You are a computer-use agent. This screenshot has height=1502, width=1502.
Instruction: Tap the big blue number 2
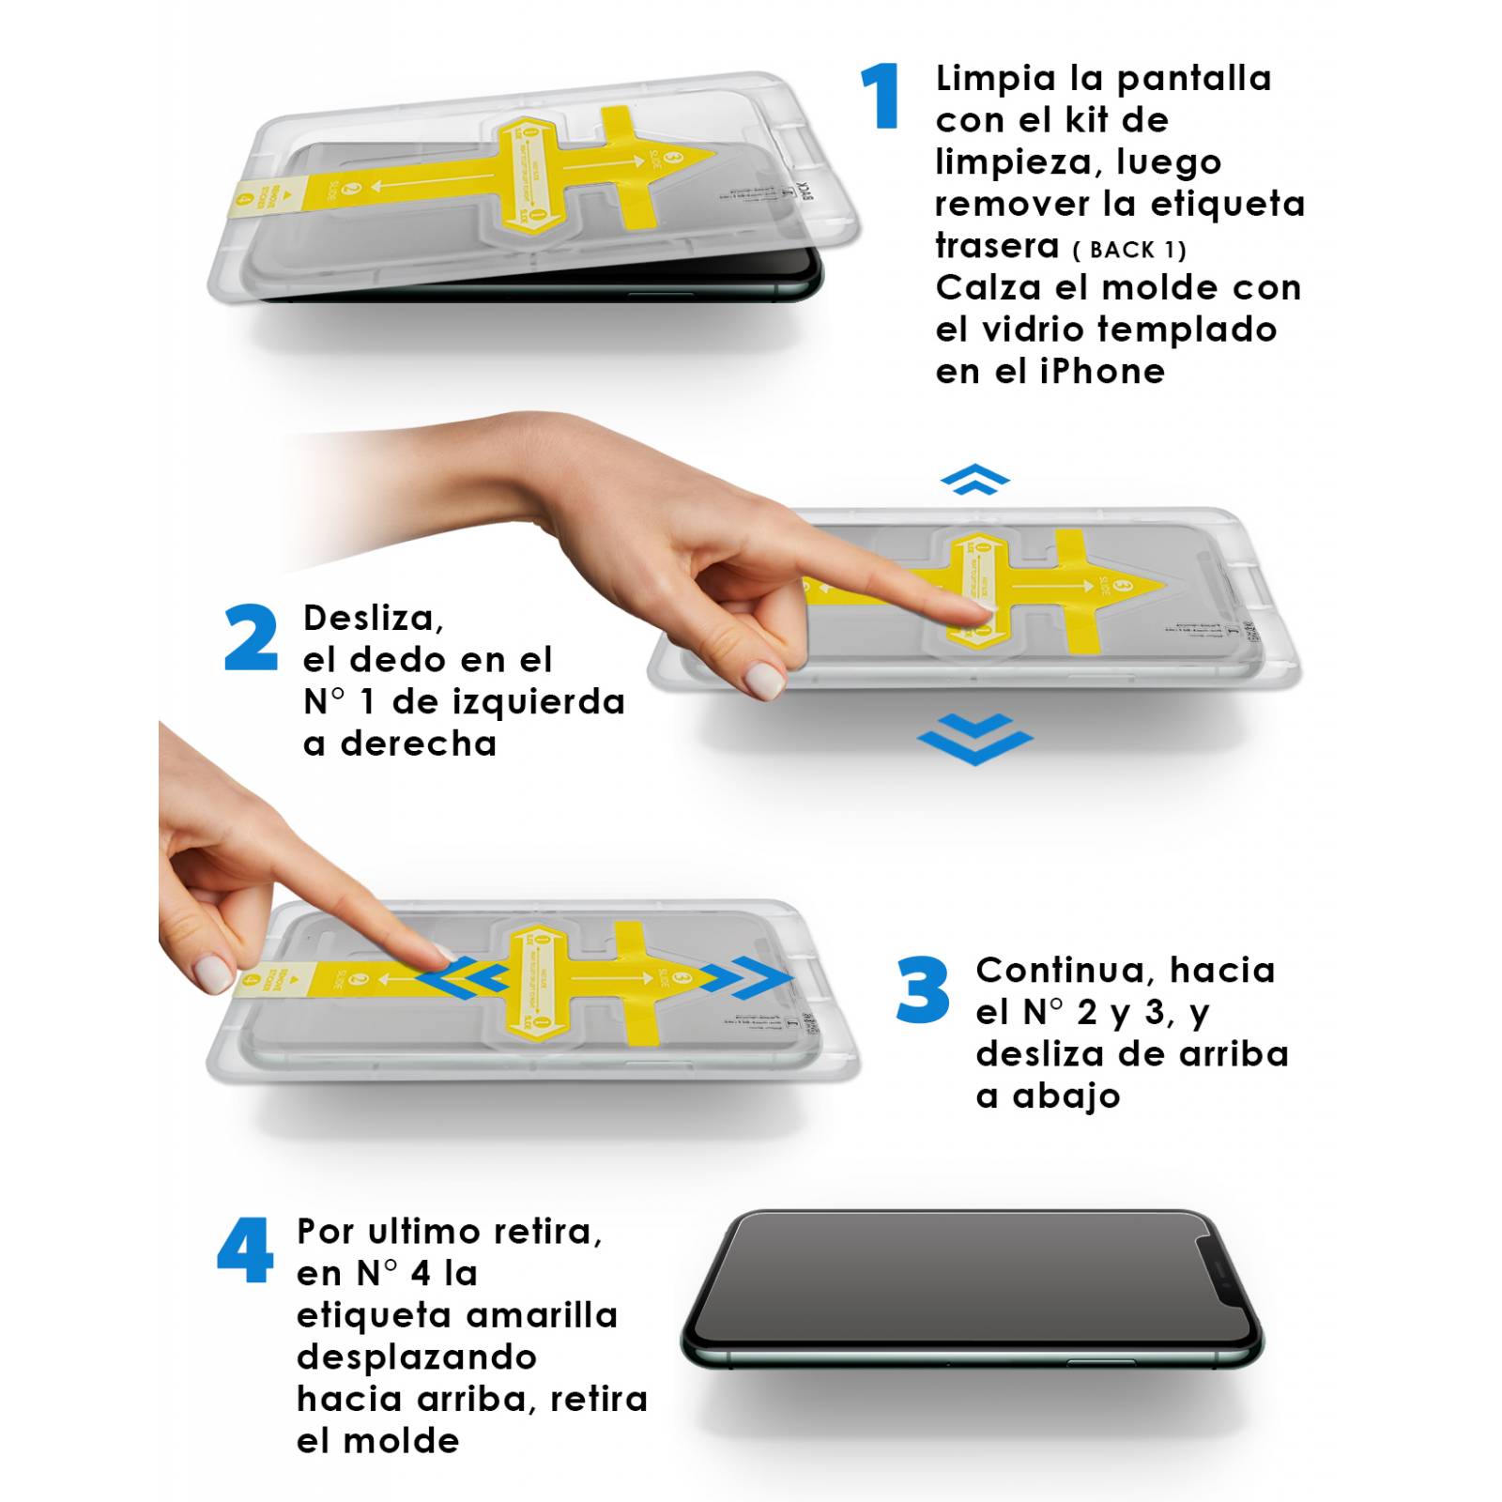tap(251, 637)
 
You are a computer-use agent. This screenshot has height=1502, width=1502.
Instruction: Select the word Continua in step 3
tap(1057, 970)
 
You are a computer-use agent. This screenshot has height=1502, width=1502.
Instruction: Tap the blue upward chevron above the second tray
tap(975, 479)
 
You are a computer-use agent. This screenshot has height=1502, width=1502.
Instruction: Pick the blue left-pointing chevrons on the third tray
tap(463, 980)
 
